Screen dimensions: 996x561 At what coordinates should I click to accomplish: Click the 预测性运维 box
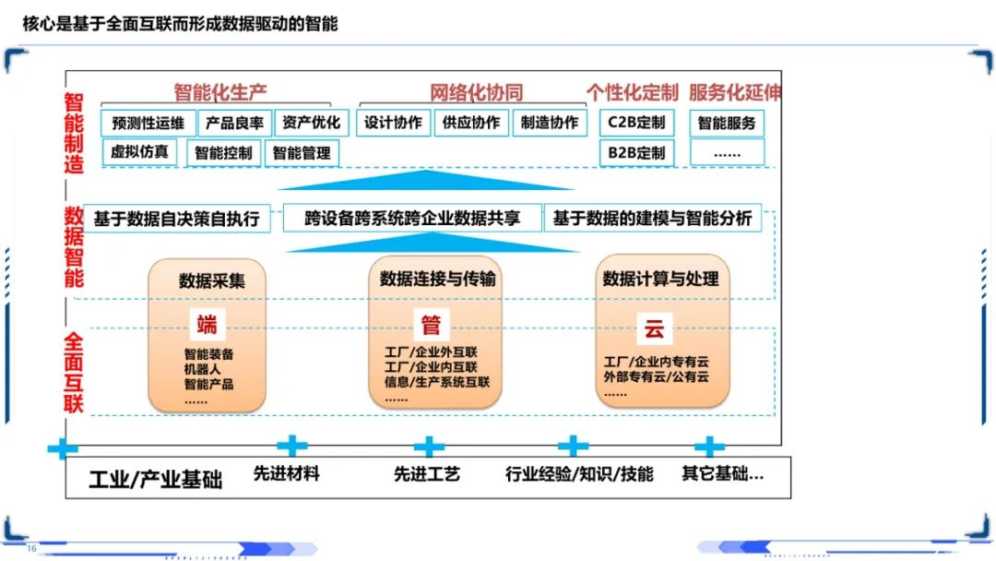point(148,124)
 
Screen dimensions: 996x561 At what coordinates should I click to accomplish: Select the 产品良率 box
point(235,124)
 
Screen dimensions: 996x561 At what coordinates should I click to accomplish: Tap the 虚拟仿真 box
point(139,152)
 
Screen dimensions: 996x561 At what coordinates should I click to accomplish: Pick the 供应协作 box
point(471,123)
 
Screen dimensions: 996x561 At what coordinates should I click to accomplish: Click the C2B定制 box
point(636,123)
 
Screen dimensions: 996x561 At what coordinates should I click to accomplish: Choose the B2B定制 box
point(636,153)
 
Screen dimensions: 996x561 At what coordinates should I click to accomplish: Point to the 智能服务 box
point(727,124)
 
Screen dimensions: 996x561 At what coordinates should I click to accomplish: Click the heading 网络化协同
point(477,93)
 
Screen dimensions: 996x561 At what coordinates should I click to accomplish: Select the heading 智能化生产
point(220,93)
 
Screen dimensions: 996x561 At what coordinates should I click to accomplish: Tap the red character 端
point(207,325)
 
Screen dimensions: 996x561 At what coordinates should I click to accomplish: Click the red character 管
point(432,325)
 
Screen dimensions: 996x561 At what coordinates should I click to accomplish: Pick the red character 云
point(654,328)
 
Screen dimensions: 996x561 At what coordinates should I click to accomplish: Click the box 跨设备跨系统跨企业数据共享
point(412,218)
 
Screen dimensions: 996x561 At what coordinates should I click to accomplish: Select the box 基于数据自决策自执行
point(176,219)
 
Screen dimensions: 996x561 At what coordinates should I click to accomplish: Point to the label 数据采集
point(211,280)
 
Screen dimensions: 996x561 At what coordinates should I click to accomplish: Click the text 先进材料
point(287,474)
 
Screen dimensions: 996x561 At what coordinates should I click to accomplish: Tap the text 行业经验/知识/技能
point(579,474)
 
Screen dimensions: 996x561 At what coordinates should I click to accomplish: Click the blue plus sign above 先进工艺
point(430,447)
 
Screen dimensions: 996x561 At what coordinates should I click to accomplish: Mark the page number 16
point(31,548)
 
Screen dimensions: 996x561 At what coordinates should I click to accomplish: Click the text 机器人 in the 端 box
point(203,369)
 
